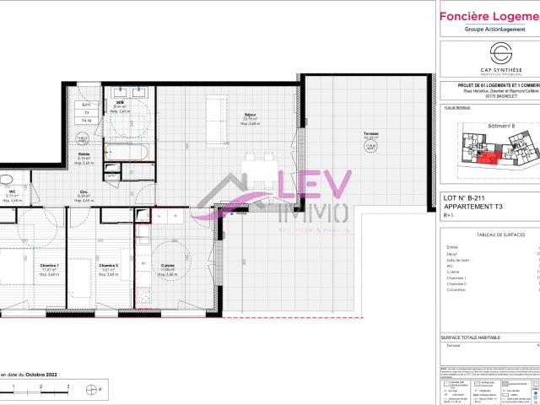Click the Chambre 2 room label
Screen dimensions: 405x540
pyautogui.click(x=107, y=267)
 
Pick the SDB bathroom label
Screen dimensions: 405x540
pyautogui.click(x=120, y=103)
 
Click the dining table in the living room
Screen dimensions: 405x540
pyautogui.click(x=250, y=166)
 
